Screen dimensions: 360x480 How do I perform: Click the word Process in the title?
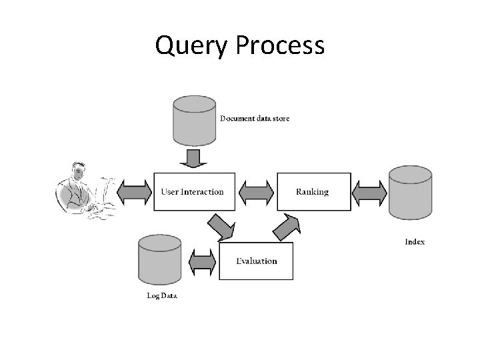click(280, 46)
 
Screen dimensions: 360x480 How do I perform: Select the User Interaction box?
click(193, 192)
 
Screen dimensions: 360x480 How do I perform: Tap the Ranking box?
click(313, 192)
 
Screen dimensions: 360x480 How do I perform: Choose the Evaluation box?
click(256, 261)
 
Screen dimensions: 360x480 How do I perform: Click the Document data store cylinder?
click(194, 120)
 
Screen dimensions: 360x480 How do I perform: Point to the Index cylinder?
click(410, 193)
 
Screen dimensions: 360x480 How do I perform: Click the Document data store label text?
click(255, 119)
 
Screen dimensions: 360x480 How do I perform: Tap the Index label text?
click(415, 241)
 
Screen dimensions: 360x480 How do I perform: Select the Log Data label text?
click(161, 295)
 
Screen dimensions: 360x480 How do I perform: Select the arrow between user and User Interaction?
click(135, 192)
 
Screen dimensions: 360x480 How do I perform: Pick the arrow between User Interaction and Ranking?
click(256, 192)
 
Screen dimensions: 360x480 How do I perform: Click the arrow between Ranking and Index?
click(369, 192)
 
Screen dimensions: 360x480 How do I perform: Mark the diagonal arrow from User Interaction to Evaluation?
click(223, 227)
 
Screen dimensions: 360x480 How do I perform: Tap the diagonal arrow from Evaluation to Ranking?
click(287, 227)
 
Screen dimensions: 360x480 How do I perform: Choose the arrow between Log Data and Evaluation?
click(203, 261)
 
